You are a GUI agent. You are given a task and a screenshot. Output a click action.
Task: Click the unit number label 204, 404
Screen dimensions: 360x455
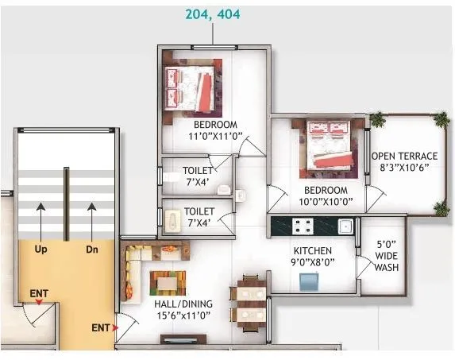click(x=212, y=14)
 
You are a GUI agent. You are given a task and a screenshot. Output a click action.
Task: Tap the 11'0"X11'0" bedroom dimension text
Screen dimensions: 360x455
click(x=215, y=137)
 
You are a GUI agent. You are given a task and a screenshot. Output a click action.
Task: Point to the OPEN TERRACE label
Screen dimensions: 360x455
click(x=405, y=156)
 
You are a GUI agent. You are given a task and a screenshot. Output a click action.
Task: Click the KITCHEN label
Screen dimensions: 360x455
click(x=312, y=251)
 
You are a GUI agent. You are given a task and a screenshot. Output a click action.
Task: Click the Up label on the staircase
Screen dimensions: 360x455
click(x=41, y=249)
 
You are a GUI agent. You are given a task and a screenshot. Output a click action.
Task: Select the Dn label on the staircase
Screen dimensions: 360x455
click(x=91, y=249)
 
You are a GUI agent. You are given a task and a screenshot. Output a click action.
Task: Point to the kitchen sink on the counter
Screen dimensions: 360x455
click(x=345, y=226)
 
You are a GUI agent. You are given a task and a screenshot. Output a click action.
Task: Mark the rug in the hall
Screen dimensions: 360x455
click(x=168, y=282)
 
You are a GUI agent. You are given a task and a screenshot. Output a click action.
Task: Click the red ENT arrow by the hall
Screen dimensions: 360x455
click(x=117, y=327)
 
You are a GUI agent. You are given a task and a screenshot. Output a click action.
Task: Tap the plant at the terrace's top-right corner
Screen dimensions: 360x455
click(x=440, y=118)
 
